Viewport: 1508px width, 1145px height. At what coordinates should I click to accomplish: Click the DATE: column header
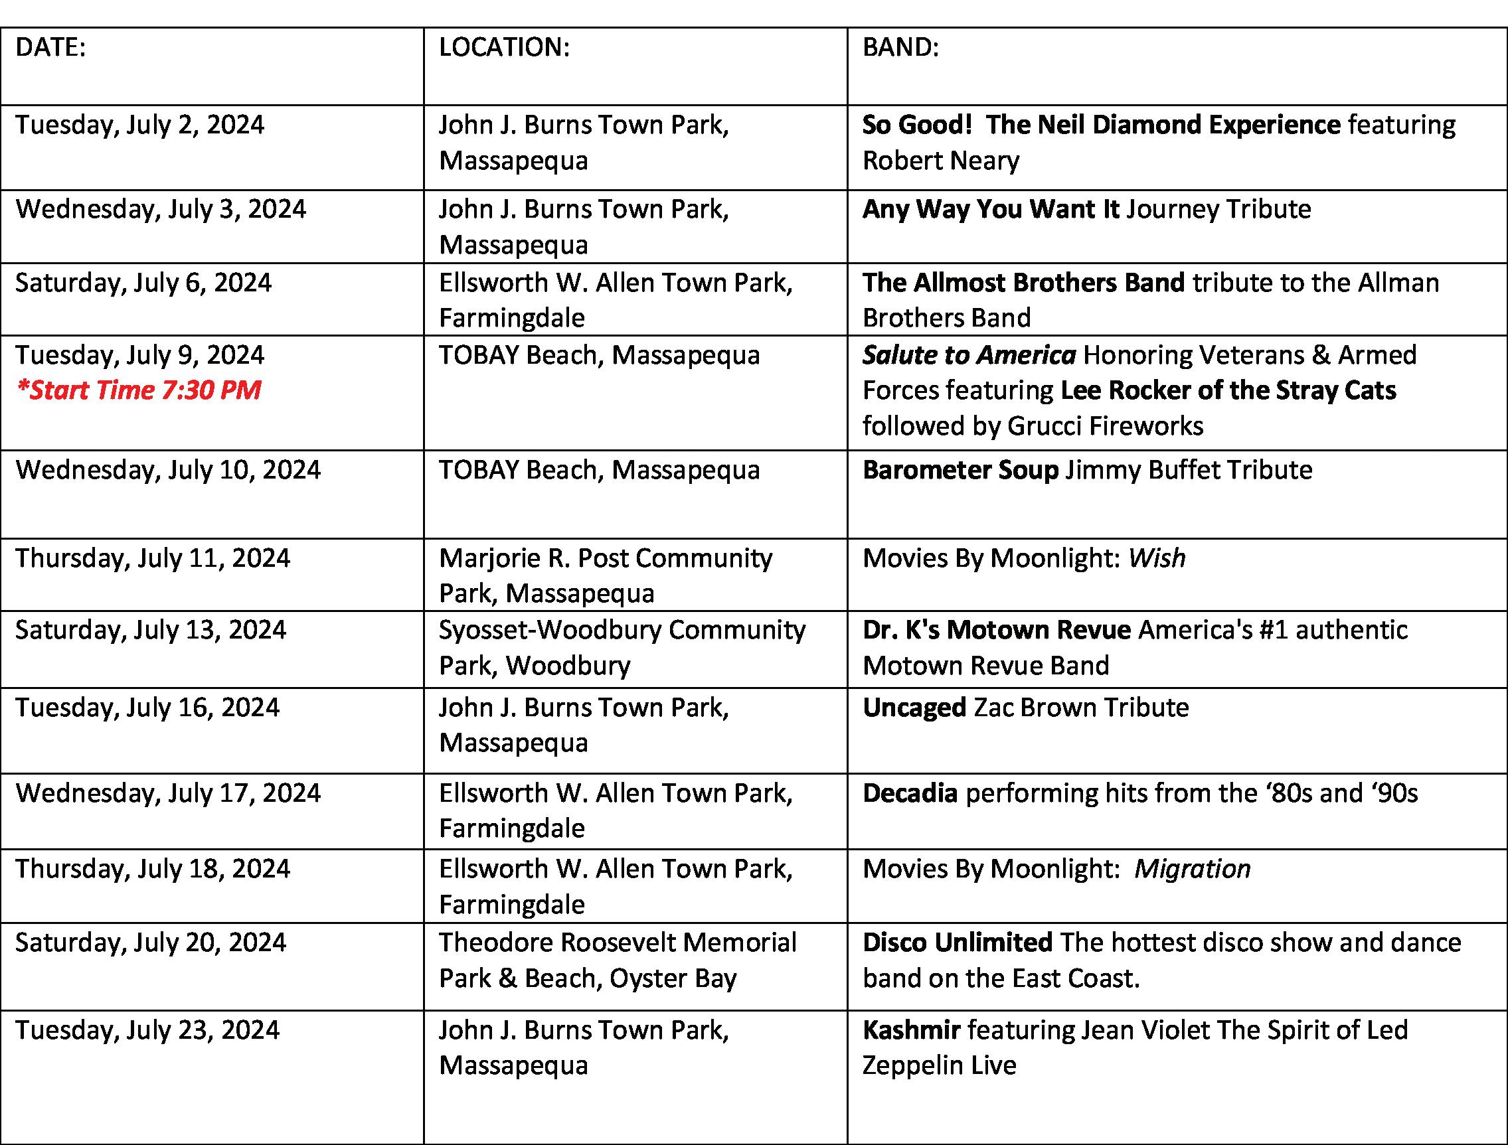[50, 48]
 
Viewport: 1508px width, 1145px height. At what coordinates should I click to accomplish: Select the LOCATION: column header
[504, 48]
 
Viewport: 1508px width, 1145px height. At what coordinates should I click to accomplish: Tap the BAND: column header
[900, 48]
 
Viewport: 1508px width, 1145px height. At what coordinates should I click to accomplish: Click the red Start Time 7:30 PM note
[138, 390]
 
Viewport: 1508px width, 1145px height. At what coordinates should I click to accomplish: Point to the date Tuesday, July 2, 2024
[139, 125]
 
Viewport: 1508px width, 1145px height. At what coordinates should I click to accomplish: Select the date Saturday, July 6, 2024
[143, 283]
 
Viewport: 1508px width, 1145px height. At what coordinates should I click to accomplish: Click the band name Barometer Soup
[960, 470]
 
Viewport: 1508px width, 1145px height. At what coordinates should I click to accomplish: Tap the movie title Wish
[1156, 558]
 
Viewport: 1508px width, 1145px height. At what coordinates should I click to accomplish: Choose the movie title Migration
[1193, 869]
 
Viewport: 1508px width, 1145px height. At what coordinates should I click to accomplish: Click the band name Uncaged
[914, 708]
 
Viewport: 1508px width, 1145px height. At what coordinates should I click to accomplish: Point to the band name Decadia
[910, 793]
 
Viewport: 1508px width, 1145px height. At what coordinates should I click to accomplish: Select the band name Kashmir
[911, 1030]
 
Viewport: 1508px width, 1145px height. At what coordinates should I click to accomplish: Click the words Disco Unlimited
[957, 943]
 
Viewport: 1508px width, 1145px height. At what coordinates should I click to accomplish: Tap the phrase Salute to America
[969, 355]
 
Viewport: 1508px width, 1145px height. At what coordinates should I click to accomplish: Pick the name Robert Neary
[941, 161]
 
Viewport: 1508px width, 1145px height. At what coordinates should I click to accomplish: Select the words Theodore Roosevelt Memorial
[617, 943]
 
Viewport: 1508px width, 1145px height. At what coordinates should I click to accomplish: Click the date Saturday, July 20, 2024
[151, 943]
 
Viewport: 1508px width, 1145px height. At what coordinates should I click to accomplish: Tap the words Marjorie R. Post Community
[606, 558]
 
